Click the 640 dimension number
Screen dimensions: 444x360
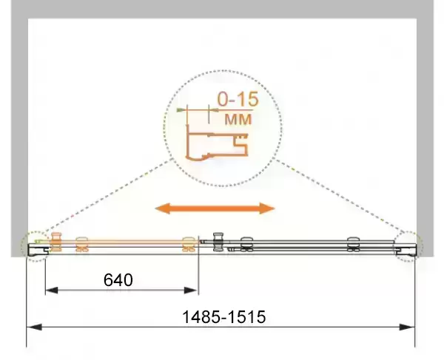pyautogui.click(x=118, y=280)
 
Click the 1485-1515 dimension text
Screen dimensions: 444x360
pyautogui.click(x=224, y=316)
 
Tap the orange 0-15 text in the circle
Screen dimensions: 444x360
pyautogui.click(x=238, y=99)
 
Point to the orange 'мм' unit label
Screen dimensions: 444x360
pyautogui.click(x=238, y=119)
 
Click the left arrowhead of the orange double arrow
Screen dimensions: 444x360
pyautogui.click(x=163, y=208)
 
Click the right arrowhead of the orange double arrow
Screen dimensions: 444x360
pyautogui.click(x=266, y=208)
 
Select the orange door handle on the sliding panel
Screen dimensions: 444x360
pyautogui.click(x=55, y=242)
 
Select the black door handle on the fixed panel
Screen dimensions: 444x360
pyautogui.click(x=218, y=242)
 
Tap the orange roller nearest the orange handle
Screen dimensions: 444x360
pyautogui.click(x=82, y=244)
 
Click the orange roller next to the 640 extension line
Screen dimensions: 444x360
pyautogui.click(x=189, y=244)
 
